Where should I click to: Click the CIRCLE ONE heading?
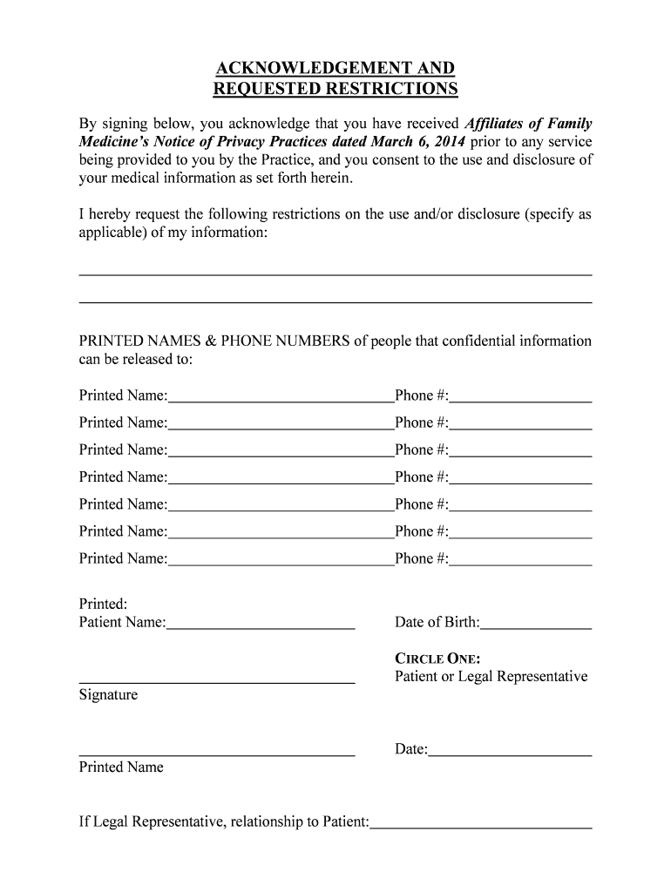pyautogui.click(x=437, y=659)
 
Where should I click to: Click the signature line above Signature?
pyautogui.click(x=217, y=680)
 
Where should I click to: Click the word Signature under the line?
pyautogui.click(x=108, y=695)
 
